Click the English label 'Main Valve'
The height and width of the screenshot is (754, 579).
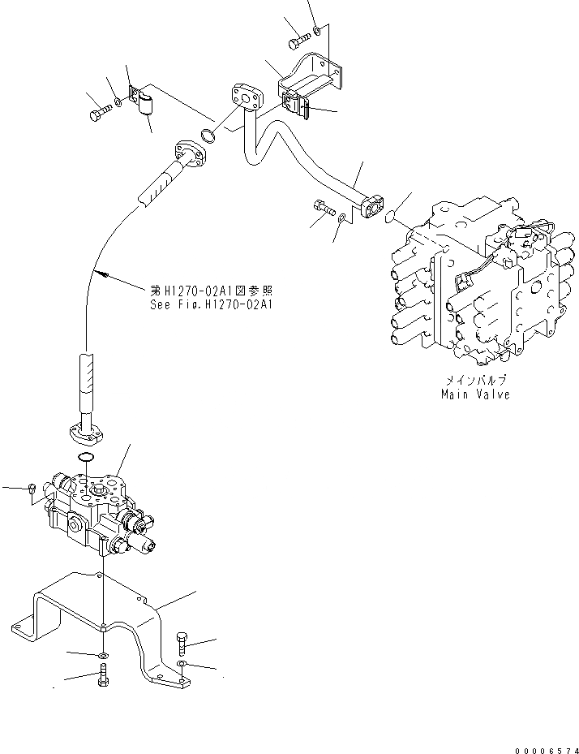coord(475,394)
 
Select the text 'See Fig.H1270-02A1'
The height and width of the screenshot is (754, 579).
coord(212,305)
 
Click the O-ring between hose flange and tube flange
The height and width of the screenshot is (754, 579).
coord(209,136)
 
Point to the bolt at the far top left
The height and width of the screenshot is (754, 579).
coord(98,113)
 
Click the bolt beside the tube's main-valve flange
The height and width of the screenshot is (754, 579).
coord(323,208)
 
